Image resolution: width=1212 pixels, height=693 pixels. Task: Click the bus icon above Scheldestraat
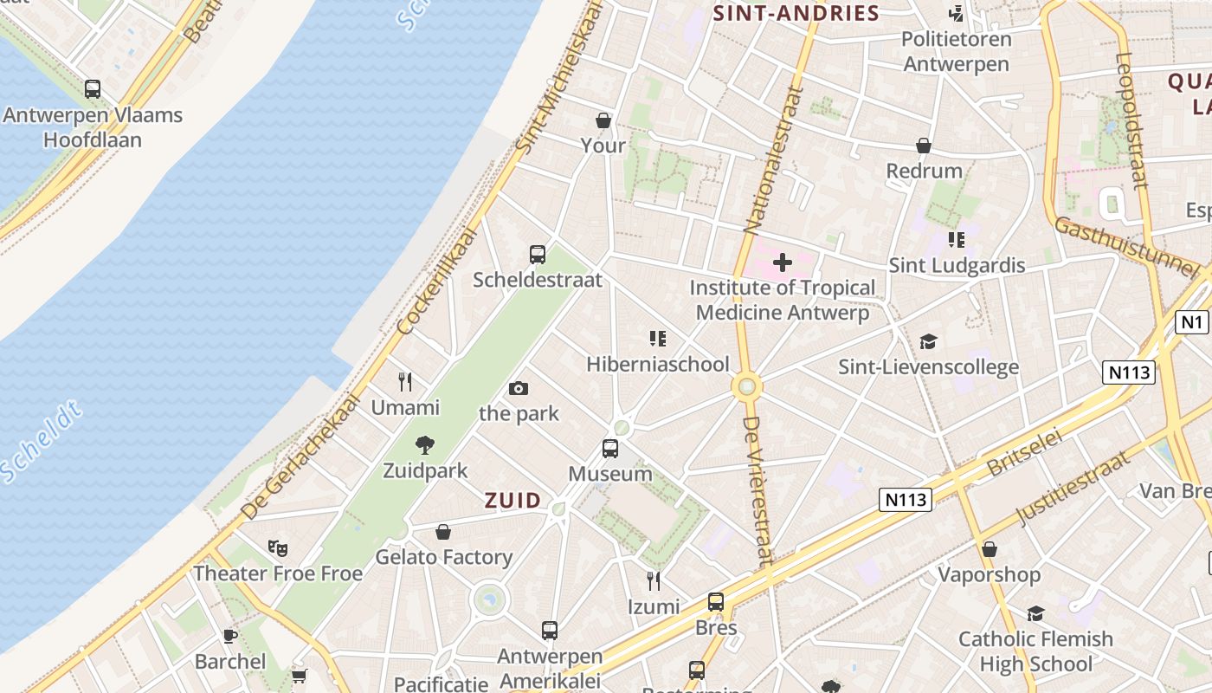pos(538,255)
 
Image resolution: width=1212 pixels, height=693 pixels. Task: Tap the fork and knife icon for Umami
pos(405,381)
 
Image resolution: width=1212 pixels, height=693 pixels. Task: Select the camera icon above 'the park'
pos(519,388)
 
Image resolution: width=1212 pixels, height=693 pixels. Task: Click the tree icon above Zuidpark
pos(424,445)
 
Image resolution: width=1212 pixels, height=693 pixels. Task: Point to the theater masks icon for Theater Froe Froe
pos(278,547)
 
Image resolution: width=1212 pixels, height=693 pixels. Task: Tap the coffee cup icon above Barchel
pos(230,636)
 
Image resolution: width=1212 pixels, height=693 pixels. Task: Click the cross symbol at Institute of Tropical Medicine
pos(783,262)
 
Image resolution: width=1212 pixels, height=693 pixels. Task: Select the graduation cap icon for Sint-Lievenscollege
pos(929,341)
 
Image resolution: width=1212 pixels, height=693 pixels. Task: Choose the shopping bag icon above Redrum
pos(925,146)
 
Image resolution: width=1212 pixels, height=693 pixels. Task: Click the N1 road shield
pos(1192,322)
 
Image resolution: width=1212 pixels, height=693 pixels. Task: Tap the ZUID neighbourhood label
pos(513,501)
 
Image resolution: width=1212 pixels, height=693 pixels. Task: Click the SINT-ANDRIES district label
pos(796,13)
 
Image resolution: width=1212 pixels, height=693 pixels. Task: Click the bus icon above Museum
pos(610,449)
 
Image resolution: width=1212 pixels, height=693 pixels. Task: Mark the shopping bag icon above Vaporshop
pos(990,549)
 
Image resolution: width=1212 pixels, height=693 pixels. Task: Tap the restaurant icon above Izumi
pos(654,580)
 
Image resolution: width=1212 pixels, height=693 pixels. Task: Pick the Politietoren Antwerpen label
pos(957,51)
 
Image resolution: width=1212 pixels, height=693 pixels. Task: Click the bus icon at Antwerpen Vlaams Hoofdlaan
pos(93,88)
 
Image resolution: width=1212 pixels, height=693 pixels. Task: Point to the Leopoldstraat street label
pos(1131,121)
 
